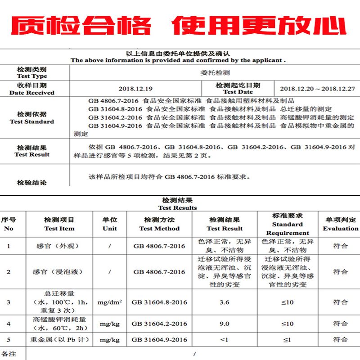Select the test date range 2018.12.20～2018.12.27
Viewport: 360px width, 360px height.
pyautogui.click(x=317, y=89)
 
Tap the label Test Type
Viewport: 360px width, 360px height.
pyautogui.click(x=32, y=76)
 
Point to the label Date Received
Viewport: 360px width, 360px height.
pyautogui.click(x=32, y=93)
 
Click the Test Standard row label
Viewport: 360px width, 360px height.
pyautogui.click(x=32, y=121)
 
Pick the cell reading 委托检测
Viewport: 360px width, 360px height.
pyautogui.click(x=215, y=72)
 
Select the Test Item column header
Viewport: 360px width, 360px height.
pyautogui.click(x=59, y=229)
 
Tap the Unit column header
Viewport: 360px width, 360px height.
pyautogui.click(x=110, y=229)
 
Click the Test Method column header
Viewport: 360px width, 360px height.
pyautogui.click(x=159, y=229)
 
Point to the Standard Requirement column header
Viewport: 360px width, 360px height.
pyautogui.click(x=288, y=229)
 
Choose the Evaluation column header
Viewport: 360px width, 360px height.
pyautogui.click(x=340, y=229)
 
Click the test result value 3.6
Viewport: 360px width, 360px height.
pyautogui.click(x=225, y=302)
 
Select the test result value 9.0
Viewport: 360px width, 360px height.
pyautogui.click(x=225, y=324)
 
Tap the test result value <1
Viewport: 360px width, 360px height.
pyautogui.click(x=225, y=340)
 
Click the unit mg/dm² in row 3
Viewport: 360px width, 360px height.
pyautogui.click(x=110, y=302)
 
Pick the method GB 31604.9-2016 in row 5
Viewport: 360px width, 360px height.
pyautogui.click(x=159, y=340)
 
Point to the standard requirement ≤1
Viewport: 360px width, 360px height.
pyautogui.click(x=288, y=340)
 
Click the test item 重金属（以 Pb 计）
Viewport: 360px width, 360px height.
pyautogui.click(x=59, y=340)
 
